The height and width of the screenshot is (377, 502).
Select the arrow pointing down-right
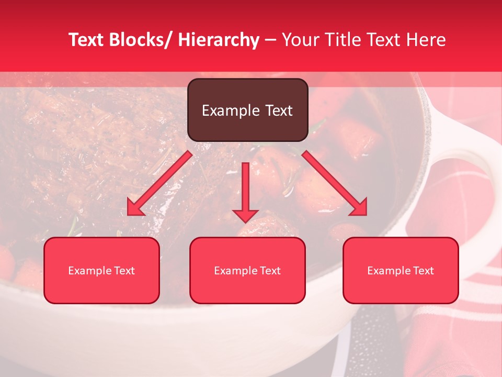335,184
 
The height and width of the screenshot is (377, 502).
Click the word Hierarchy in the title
218,40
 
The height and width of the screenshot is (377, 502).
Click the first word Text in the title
86,40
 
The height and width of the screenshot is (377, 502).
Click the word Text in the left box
125,271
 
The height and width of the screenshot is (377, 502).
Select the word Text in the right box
424,271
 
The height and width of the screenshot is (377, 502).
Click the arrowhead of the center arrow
245,215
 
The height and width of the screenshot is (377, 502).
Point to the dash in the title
270,40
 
